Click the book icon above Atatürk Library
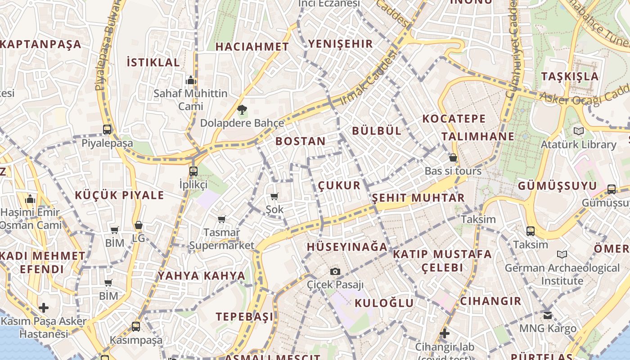pos(578,131)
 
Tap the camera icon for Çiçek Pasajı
pos(335,271)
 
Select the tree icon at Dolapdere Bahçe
pos(242,109)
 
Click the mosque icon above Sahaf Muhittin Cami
pos(191,80)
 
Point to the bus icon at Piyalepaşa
pos(107,130)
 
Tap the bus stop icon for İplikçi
pos(193,171)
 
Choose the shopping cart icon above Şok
pos(274,196)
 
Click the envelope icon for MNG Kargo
pos(547,315)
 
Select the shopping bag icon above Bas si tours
pos(453,157)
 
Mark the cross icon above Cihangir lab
pos(444,333)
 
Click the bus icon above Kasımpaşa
pos(136,326)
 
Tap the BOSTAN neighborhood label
pos(300,141)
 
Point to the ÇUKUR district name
pos(339,185)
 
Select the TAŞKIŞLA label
pos(570,76)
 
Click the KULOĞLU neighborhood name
pos(384,303)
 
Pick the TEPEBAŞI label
pos(244,317)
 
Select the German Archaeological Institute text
pos(562,274)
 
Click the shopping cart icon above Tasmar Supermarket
pos(221,219)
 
